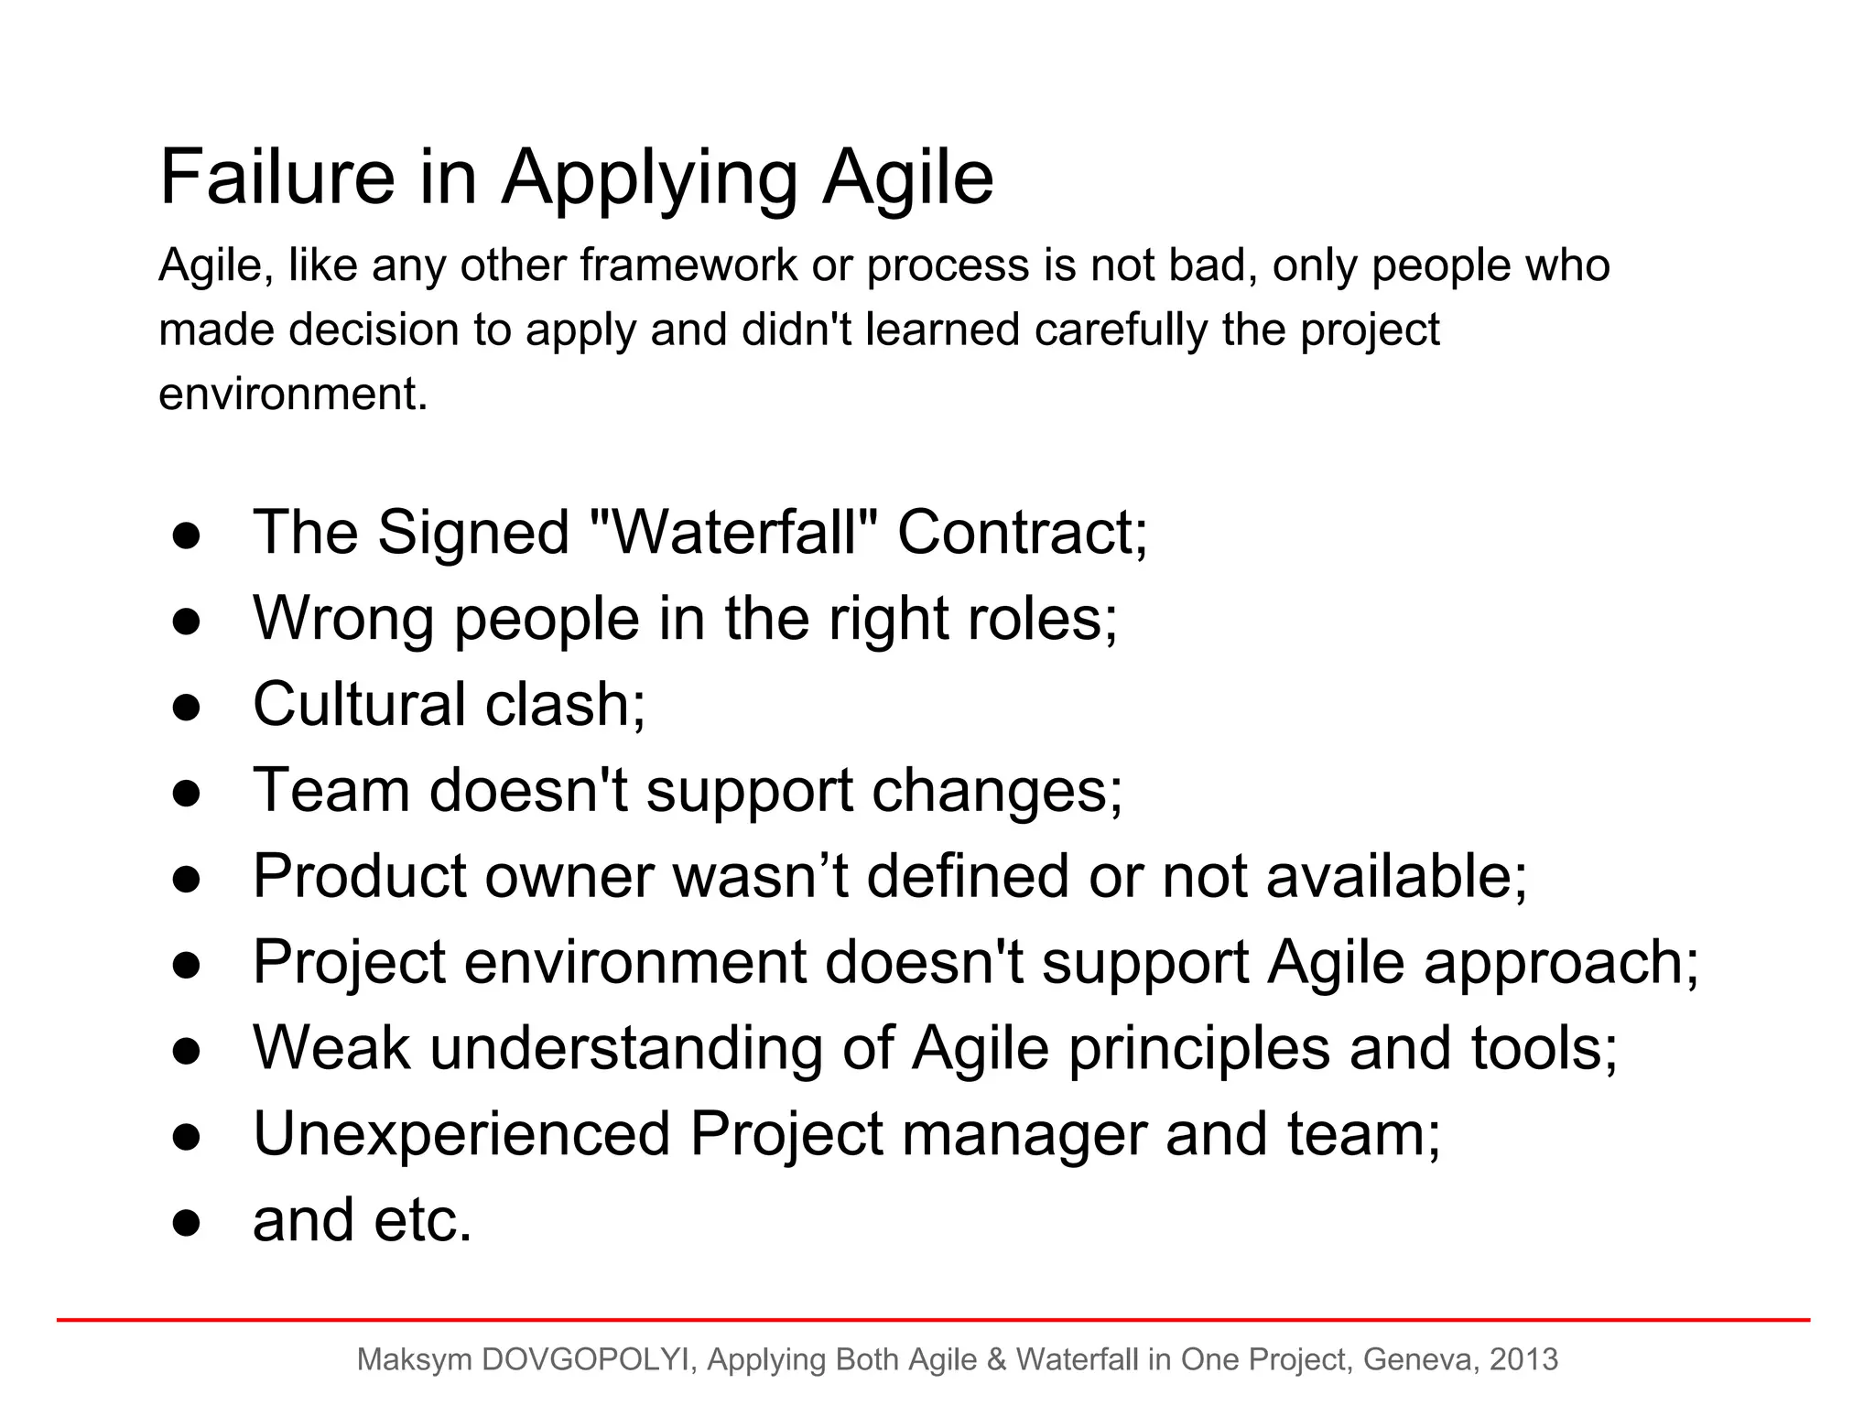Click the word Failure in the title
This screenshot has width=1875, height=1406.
click(x=276, y=177)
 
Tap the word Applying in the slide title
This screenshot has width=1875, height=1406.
click(x=650, y=179)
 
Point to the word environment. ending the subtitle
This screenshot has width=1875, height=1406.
click(x=293, y=395)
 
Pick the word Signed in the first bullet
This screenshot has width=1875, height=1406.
click(x=473, y=535)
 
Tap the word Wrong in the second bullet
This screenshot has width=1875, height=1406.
click(x=343, y=619)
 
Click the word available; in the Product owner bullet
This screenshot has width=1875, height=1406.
click(x=1397, y=876)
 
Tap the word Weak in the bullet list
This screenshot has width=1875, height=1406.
click(x=331, y=1048)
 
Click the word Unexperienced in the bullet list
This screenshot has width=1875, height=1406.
click(x=461, y=1135)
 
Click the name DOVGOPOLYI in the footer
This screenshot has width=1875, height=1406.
click(x=586, y=1359)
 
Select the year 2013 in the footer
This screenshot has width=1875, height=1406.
click(x=1523, y=1359)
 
